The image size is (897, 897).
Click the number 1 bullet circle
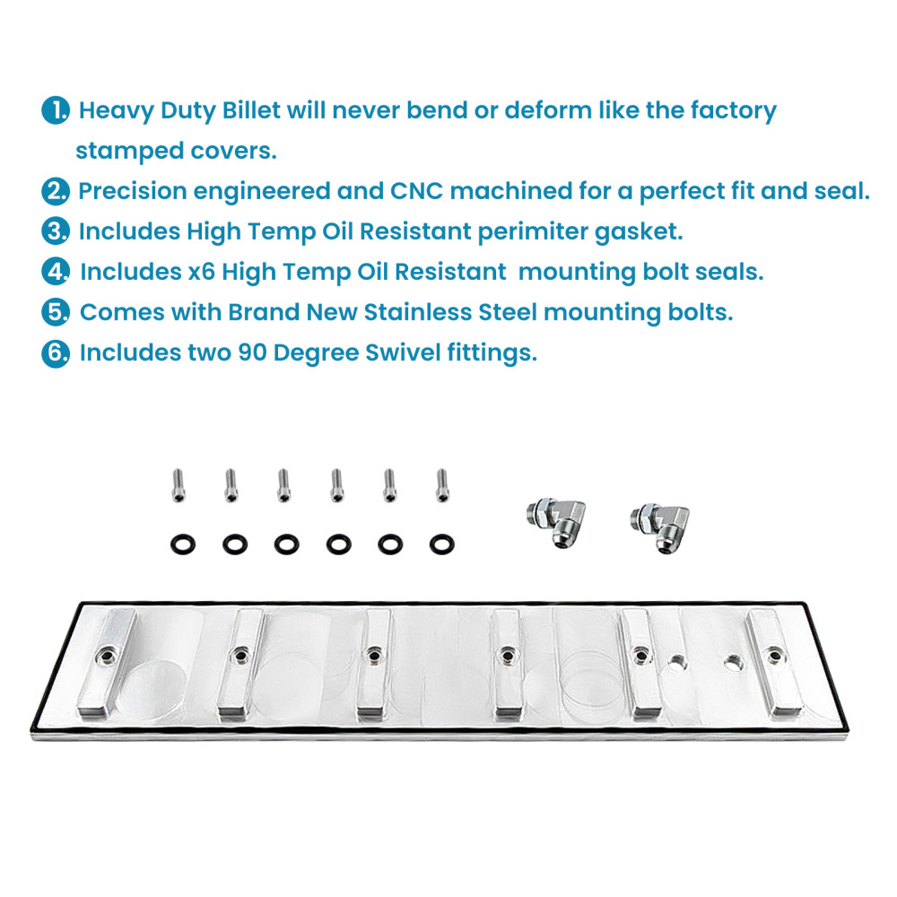56,111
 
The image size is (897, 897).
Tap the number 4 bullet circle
56,271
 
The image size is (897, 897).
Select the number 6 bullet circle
56,353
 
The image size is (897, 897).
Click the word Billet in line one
247,111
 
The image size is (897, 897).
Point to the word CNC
415,191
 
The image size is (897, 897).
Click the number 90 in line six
252,353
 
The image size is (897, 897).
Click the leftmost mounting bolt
177,485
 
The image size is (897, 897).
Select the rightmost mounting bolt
440,485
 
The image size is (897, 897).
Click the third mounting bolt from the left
283,485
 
